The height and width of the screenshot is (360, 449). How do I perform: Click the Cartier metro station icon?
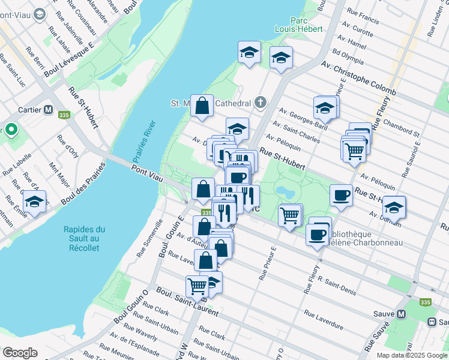tap(48, 112)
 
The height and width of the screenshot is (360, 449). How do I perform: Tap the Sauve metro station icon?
tap(402, 314)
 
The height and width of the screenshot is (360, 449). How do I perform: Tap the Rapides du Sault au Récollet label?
tap(84, 238)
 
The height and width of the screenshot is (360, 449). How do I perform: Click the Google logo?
tap(20, 353)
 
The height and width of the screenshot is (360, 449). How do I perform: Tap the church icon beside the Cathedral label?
tap(260, 103)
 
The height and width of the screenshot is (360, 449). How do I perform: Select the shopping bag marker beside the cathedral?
tap(202, 106)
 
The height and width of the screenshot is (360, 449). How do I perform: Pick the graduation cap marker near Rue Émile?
tap(34, 202)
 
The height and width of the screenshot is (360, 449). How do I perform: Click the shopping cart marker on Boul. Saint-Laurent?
tap(197, 286)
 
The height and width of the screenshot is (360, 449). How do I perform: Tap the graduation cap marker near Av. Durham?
tap(394, 207)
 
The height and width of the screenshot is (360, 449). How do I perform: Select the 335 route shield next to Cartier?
tap(62, 113)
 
